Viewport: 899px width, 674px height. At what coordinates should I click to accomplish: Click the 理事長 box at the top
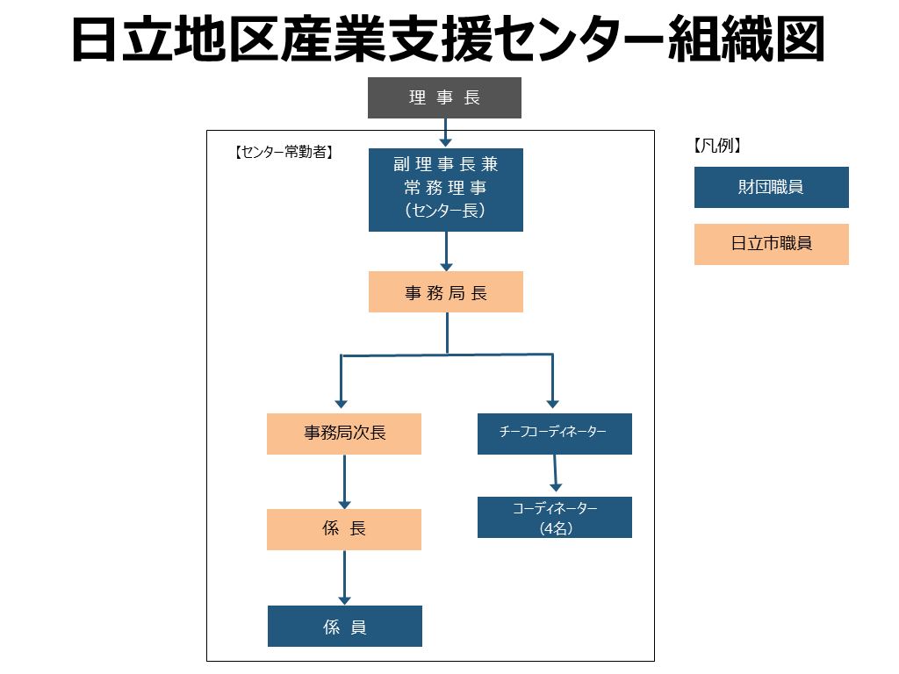444,97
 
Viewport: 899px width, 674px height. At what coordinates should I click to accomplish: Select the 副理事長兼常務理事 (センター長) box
445,190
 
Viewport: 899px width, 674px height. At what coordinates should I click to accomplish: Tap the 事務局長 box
445,292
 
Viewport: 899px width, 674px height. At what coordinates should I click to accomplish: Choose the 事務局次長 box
344,434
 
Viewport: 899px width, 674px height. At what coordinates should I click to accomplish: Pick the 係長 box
344,529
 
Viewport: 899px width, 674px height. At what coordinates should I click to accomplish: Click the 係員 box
344,626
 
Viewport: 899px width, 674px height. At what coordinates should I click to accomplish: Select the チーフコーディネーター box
554,434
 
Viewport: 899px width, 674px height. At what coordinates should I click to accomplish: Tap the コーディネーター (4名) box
554,518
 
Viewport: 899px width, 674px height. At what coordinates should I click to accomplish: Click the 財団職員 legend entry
771,187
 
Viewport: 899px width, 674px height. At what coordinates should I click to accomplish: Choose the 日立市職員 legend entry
771,244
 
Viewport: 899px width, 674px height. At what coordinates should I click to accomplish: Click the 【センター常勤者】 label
283,152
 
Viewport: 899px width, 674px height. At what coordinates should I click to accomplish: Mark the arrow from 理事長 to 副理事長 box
445,133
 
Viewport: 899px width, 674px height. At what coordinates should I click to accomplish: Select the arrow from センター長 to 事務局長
446,252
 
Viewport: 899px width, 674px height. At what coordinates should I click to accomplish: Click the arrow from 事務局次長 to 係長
344,482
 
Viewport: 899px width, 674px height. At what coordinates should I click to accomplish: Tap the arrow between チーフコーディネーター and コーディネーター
554,476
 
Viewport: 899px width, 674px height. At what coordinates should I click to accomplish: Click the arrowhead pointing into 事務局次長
342,403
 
